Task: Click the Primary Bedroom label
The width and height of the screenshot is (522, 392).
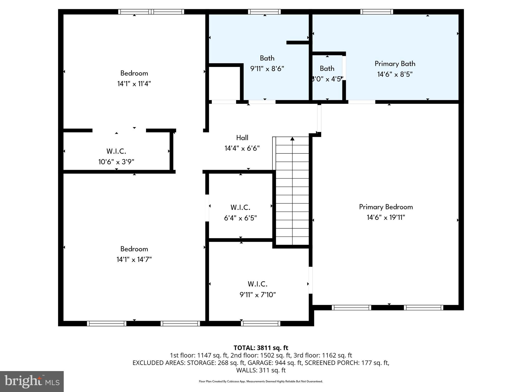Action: [386, 207]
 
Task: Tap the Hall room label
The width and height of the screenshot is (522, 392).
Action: [242, 138]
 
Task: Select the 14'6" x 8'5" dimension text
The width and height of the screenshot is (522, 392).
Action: [395, 74]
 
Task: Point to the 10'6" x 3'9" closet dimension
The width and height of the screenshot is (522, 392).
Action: [116, 162]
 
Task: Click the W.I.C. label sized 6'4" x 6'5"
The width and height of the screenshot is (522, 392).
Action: [240, 207]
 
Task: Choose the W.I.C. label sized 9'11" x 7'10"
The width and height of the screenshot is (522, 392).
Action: [257, 284]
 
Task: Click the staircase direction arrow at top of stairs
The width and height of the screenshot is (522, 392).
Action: [292, 139]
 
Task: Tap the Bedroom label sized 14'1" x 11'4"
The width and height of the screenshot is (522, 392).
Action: [134, 73]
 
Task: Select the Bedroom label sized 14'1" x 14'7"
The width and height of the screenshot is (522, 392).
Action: [134, 249]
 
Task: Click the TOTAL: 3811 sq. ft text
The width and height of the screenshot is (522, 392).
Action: [261, 348]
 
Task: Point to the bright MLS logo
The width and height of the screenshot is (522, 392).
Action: [32, 382]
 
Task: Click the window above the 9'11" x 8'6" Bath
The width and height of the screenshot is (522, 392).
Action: [264, 12]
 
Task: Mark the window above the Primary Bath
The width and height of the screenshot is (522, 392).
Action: [376, 12]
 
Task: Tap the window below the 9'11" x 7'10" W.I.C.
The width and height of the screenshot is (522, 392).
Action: [260, 323]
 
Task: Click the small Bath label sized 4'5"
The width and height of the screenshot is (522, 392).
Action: [327, 68]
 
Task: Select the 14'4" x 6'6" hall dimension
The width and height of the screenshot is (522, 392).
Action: [242, 148]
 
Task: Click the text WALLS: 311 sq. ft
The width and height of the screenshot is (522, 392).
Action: [261, 370]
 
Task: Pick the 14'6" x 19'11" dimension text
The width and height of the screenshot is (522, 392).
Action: [386, 217]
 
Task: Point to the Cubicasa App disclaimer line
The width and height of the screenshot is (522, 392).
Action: [261, 381]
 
